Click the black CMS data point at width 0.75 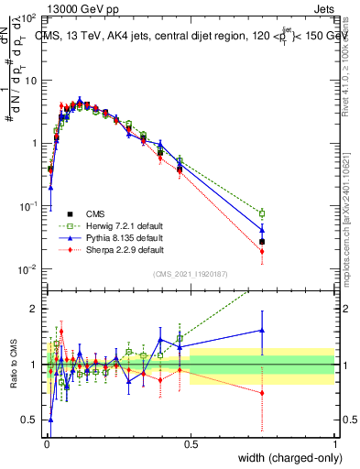click(x=262, y=242)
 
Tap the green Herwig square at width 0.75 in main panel click(x=262, y=213)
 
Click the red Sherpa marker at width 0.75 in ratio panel click(x=262, y=393)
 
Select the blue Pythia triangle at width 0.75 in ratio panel click(x=262, y=330)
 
